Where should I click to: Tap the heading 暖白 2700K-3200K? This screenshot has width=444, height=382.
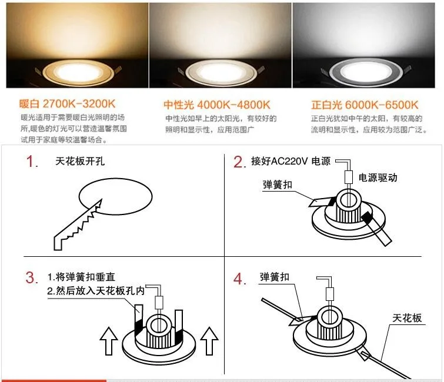click(64, 106)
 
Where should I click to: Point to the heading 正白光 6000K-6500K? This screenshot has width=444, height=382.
click(365, 106)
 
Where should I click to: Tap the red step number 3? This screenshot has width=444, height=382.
click(32, 278)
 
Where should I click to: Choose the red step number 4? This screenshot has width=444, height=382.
click(239, 279)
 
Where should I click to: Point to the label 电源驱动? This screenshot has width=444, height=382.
click(378, 177)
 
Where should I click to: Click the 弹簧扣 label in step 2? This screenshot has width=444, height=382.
click(277, 185)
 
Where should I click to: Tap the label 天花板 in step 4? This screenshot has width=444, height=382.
click(407, 318)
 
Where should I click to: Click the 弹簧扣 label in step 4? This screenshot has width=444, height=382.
click(274, 276)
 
